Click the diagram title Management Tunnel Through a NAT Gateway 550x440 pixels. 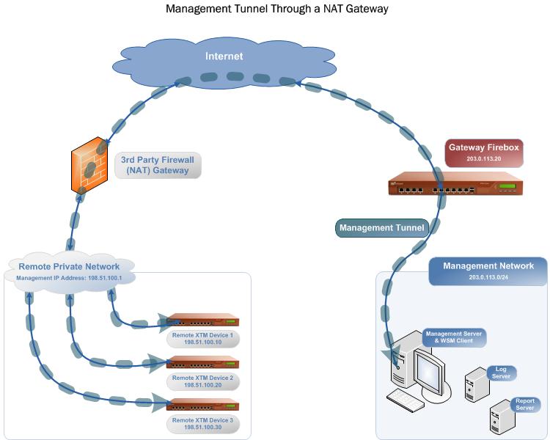click(276, 10)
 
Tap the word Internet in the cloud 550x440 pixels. click(224, 56)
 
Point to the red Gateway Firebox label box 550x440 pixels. click(483, 153)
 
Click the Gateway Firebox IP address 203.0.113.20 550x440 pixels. click(483, 158)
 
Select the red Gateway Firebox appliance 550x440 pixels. click(455, 185)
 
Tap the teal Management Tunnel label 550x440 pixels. click(381, 228)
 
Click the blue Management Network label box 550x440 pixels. click(488, 271)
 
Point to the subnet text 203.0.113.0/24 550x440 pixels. click(488, 278)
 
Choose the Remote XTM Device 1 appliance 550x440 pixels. click(203, 321)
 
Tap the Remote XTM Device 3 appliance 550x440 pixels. click(203, 404)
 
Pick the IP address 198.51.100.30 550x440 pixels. click(202, 427)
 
